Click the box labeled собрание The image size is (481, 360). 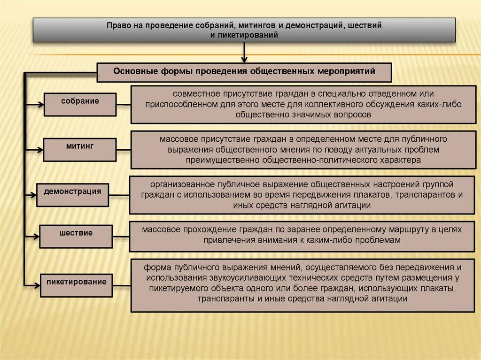point(80,104)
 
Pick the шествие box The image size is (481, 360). point(76,236)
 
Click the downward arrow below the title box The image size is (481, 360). point(244,54)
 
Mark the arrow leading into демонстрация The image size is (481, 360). point(31,194)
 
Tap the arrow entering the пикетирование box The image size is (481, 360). point(32,285)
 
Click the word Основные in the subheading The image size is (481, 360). point(132,71)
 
